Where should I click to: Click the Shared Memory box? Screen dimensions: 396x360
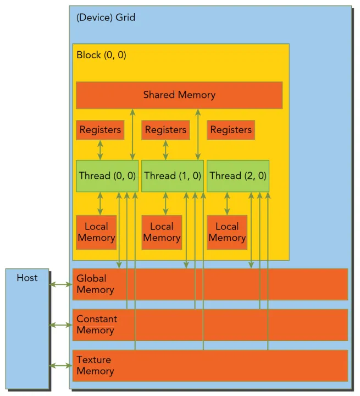point(179,95)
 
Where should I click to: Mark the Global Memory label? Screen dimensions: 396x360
point(95,284)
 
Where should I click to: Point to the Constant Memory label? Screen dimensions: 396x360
point(97,324)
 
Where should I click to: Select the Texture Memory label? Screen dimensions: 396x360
point(95,365)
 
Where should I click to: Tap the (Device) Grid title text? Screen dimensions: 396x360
point(106,18)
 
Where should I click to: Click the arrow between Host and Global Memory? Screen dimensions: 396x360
point(60,284)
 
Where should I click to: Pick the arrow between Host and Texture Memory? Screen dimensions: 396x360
point(60,365)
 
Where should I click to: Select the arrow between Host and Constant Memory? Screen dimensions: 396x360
point(60,325)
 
